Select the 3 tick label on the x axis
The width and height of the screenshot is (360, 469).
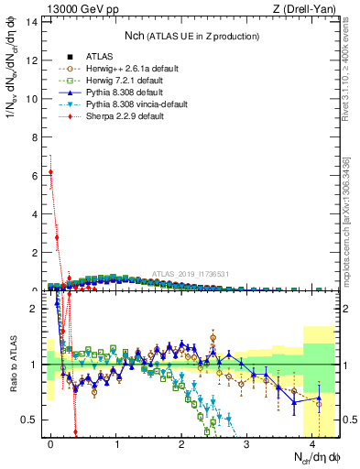(x=247, y=442)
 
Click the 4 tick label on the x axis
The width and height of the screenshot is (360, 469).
(x=312, y=442)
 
